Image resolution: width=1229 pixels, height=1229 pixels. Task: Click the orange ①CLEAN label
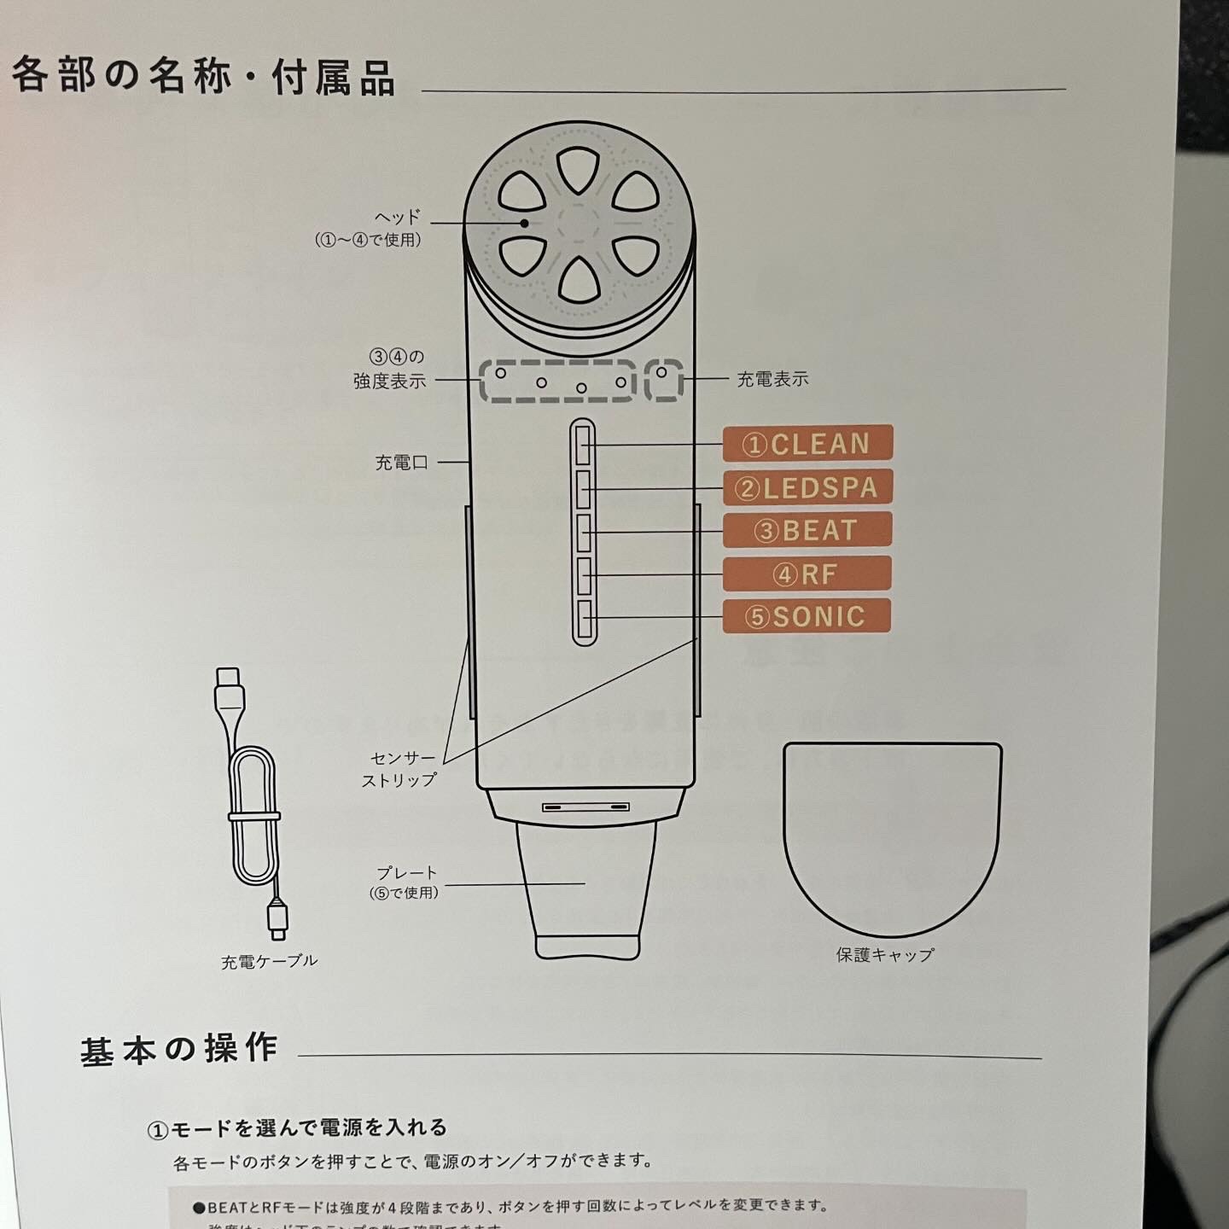coord(807,444)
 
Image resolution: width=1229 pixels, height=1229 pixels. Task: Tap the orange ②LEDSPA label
coord(807,487)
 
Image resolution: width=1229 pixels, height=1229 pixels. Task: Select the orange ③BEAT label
coord(807,530)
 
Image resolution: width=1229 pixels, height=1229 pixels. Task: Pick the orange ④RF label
coord(807,574)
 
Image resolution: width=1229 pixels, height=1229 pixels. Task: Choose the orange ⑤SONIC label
coord(807,616)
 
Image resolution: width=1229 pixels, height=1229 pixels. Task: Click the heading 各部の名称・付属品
coord(203,77)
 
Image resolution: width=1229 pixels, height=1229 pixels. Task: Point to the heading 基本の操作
coord(179,1049)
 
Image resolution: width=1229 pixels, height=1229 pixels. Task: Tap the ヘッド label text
coord(398,218)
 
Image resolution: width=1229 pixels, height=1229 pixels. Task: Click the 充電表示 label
coord(772,379)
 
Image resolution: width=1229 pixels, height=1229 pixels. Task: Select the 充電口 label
coord(401,463)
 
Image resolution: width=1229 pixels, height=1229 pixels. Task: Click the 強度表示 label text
coord(389,381)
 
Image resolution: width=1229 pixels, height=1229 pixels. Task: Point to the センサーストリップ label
coord(399,768)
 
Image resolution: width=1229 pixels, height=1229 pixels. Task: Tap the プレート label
coord(406,873)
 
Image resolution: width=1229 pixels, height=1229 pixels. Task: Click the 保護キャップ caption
coord(885,955)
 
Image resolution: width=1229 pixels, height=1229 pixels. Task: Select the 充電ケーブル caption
coord(269,961)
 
